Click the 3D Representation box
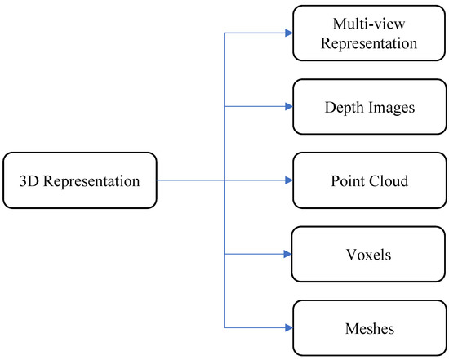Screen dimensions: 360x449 [79, 180]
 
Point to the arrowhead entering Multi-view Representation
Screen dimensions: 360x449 [287, 33]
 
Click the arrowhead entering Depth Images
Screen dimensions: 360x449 [287, 107]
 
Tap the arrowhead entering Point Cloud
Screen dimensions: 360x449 [287, 180]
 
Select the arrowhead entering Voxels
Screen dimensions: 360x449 [287, 254]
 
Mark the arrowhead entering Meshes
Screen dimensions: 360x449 [287, 327]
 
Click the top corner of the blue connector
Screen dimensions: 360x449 [224, 33]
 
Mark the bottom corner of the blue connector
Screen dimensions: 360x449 [224, 327]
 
